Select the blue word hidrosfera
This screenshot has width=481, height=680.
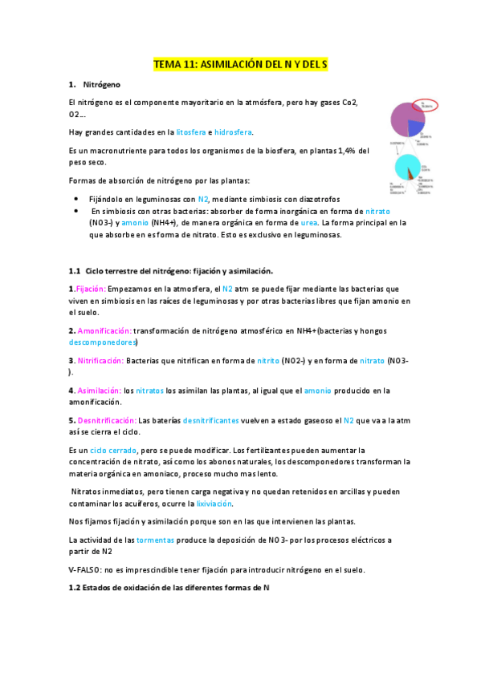(x=238, y=132)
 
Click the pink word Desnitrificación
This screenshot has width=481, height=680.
(x=108, y=419)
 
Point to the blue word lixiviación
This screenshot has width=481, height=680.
(x=215, y=503)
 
